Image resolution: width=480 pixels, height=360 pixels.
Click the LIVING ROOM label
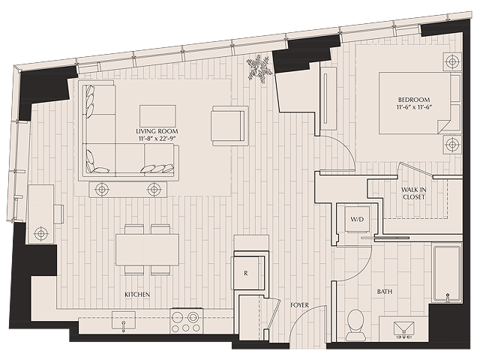(x=157, y=131)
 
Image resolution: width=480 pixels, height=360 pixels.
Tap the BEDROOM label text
(x=414, y=100)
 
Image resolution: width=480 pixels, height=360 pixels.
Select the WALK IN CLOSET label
(x=414, y=193)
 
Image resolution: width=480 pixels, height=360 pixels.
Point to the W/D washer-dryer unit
(x=357, y=219)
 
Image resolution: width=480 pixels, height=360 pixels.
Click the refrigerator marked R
(x=246, y=273)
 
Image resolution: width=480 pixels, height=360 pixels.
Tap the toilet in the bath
(x=355, y=325)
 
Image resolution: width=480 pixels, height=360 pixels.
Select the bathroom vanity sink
(x=403, y=330)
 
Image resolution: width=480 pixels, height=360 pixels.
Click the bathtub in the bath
(x=447, y=273)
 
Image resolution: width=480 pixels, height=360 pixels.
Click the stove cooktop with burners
(x=187, y=321)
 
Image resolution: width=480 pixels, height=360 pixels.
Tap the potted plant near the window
(x=259, y=68)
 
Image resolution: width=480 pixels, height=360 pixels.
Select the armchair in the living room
(x=229, y=126)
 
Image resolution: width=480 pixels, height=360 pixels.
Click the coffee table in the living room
(x=157, y=116)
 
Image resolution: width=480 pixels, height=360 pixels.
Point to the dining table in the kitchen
(x=147, y=250)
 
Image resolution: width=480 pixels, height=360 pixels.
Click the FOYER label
(x=299, y=305)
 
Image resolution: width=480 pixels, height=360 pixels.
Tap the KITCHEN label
(x=137, y=295)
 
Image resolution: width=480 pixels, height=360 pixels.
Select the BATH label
(x=385, y=292)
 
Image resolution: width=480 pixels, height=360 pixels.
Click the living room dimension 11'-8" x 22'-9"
(x=157, y=138)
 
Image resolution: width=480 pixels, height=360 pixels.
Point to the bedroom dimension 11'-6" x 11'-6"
(x=414, y=106)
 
